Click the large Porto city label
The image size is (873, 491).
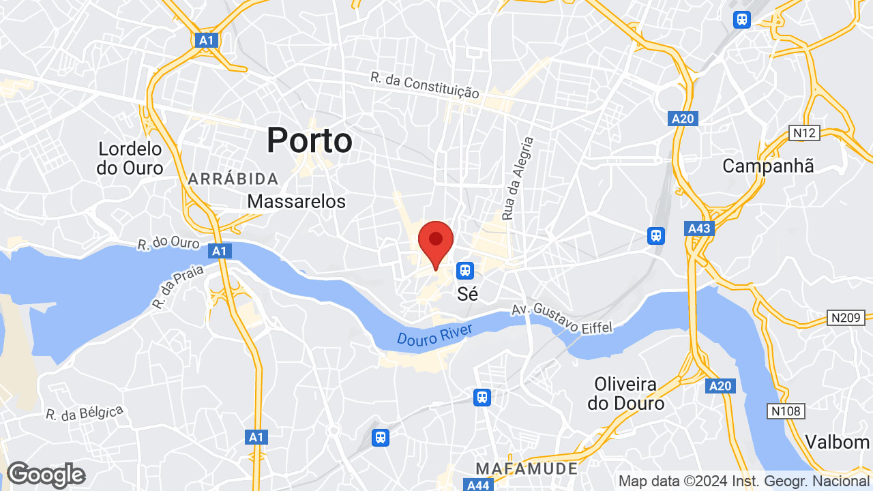(x=309, y=141)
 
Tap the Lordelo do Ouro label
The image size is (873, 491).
(x=130, y=158)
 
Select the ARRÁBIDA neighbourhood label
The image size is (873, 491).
(x=233, y=179)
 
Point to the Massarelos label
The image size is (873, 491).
(x=296, y=201)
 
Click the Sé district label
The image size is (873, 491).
(x=467, y=294)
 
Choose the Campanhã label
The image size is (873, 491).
(x=768, y=166)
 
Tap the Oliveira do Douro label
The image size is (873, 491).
(x=625, y=393)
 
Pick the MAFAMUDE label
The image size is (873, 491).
(x=527, y=468)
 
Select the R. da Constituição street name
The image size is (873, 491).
(x=425, y=85)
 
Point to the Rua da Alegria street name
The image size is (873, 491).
(x=517, y=178)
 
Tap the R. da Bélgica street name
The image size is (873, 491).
(x=85, y=413)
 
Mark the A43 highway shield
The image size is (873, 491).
(x=700, y=228)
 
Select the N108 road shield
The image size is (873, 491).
(x=786, y=411)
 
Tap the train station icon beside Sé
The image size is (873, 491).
(x=465, y=270)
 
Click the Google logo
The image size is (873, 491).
(x=46, y=475)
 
